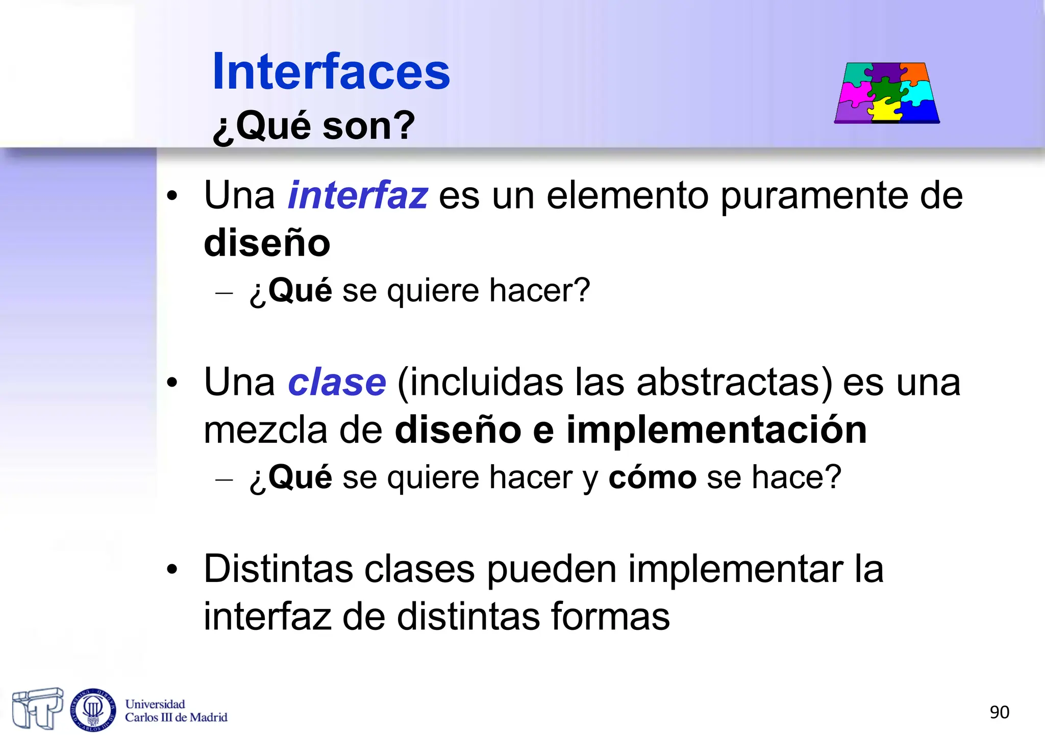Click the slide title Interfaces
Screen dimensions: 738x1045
click(x=331, y=72)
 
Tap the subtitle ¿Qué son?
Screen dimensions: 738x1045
click(x=313, y=125)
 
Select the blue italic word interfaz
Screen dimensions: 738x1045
click(x=358, y=195)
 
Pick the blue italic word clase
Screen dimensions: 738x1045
click(x=337, y=383)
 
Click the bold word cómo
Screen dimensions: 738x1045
click(x=652, y=477)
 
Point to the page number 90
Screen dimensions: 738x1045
click(x=999, y=712)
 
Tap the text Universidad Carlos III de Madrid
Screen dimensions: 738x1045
click(x=176, y=711)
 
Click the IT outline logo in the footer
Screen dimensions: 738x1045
click(x=38, y=708)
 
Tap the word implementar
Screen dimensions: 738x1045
click(x=735, y=570)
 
